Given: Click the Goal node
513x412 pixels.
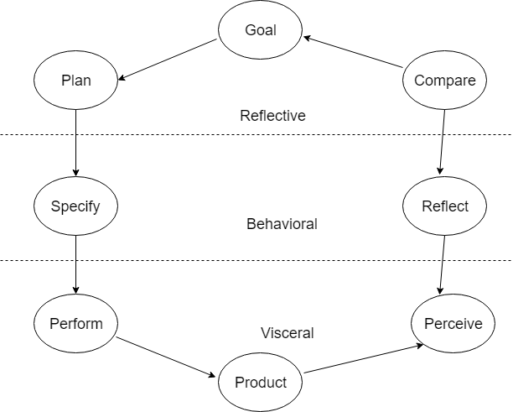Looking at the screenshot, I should click(x=260, y=31).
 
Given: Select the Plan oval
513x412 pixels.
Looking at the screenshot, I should click(x=75, y=81).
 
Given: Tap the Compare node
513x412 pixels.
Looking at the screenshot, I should click(x=444, y=81).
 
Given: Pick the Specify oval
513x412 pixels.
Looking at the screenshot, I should click(x=75, y=206).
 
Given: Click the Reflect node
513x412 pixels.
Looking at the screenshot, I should click(x=444, y=206).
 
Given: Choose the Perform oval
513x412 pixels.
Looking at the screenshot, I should click(x=75, y=324).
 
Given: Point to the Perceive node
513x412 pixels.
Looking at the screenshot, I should click(x=453, y=324).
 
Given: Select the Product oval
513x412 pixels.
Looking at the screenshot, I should click(x=260, y=383).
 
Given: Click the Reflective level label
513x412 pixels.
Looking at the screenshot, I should click(x=272, y=116).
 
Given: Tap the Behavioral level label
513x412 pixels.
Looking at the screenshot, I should click(x=282, y=224).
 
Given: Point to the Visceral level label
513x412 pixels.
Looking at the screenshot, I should click(x=287, y=333).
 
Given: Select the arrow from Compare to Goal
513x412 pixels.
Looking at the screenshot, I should click(x=354, y=52).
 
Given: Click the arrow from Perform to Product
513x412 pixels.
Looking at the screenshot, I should click(x=168, y=357).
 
